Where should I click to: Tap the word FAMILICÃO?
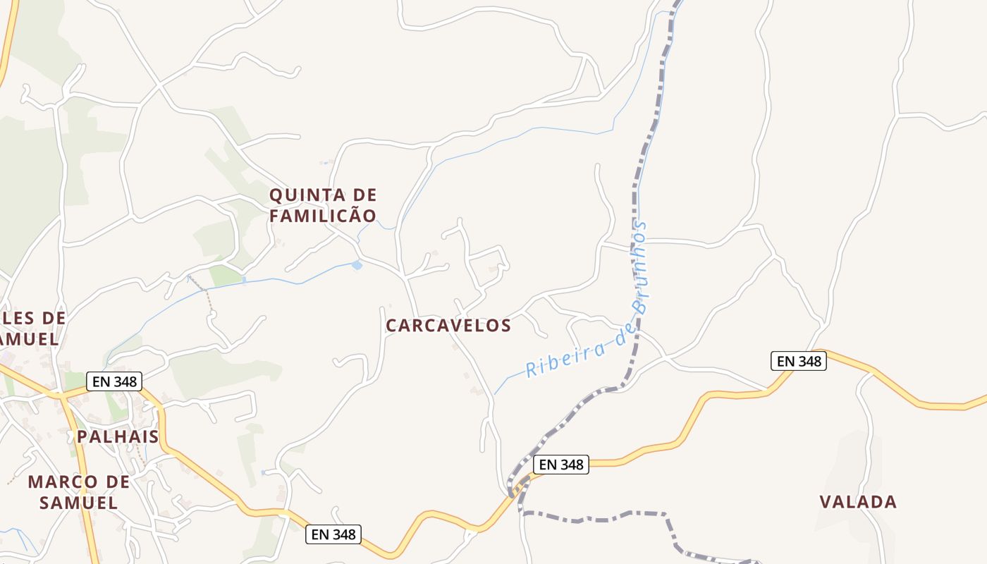323,216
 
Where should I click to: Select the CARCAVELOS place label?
448,325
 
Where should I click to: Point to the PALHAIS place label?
118,436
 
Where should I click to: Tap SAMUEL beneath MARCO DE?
78,503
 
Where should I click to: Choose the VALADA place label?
858,502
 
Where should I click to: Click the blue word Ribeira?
560,360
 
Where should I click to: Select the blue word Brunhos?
639,267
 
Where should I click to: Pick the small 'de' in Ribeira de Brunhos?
620,337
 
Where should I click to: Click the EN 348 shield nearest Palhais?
114,381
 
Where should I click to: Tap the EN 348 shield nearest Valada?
798,361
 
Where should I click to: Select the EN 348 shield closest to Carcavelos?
561,465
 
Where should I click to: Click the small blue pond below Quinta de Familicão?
357,266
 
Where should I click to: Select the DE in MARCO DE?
116,482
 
